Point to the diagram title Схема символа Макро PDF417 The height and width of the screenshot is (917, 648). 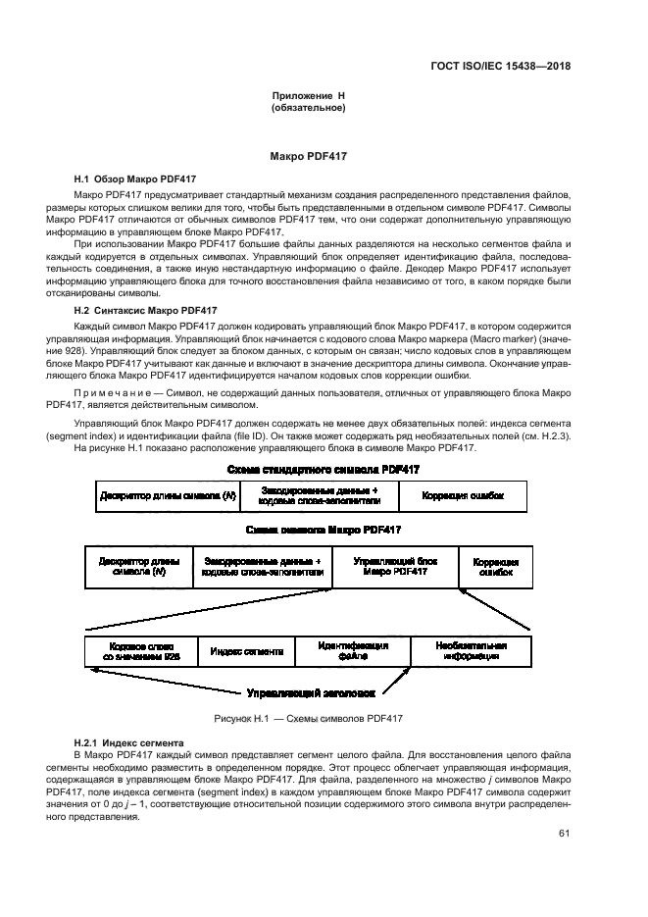324,530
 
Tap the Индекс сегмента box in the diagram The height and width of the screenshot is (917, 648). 247,651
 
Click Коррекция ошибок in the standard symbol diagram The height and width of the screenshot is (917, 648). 463,496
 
